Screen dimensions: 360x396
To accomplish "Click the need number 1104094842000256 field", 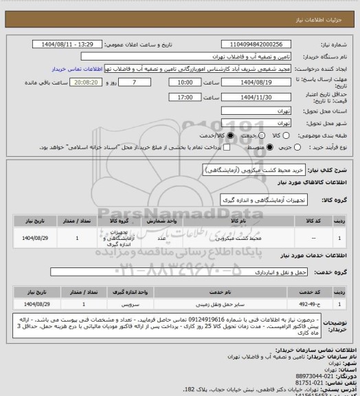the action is (x=258, y=44).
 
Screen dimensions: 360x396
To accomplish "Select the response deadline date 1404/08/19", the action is (x=258, y=82).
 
